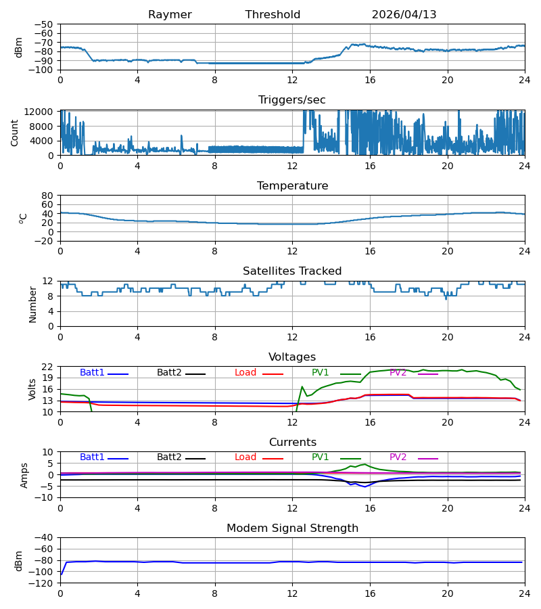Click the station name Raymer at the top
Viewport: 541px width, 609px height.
(170, 15)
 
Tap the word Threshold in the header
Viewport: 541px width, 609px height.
(273, 15)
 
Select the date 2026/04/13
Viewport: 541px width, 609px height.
(404, 15)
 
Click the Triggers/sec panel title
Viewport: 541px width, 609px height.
(292, 100)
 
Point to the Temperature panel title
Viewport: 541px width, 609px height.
(292, 185)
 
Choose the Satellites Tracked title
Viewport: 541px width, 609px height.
(292, 271)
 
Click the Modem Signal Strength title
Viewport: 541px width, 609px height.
(292, 528)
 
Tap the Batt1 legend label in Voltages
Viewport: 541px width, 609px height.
(92, 372)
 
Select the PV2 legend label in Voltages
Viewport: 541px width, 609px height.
(398, 372)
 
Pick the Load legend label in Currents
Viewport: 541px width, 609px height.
(245, 457)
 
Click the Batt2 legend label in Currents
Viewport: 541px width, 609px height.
(169, 457)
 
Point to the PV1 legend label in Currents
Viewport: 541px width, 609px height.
(320, 457)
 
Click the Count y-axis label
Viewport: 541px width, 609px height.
(14, 133)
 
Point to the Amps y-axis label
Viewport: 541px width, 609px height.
(24, 476)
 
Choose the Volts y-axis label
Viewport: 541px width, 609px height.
(32, 390)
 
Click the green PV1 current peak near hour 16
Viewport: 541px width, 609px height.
(364, 464)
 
